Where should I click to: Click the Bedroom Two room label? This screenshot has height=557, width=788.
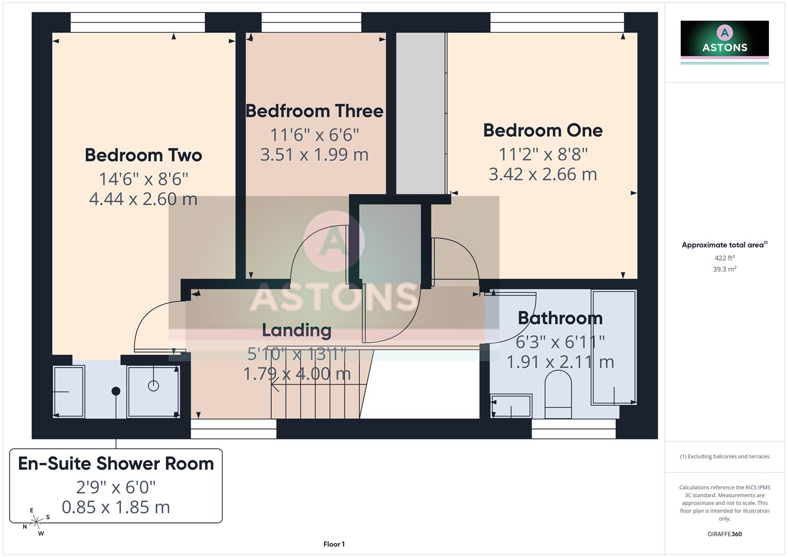click(x=143, y=155)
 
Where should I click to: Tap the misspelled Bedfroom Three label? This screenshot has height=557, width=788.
click(x=314, y=111)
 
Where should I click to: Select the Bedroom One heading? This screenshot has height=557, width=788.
click(x=542, y=130)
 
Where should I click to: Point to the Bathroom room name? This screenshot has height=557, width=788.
click(x=560, y=318)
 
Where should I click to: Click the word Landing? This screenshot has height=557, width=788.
click(x=296, y=330)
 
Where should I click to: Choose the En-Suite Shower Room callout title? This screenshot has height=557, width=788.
click(x=116, y=464)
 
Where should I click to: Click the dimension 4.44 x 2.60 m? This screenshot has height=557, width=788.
click(x=143, y=199)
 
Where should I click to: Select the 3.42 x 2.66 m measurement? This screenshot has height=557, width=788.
click(x=542, y=174)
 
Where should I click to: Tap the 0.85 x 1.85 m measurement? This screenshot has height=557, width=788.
click(x=116, y=507)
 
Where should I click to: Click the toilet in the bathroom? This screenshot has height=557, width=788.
click(x=558, y=395)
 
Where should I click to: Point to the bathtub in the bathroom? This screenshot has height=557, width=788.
click(x=614, y=347)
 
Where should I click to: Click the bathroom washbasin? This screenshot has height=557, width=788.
click(x=511, y=406)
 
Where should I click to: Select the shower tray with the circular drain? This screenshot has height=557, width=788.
click(x=153, y=391)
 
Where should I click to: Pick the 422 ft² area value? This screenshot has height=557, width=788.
click(x=724, y=258)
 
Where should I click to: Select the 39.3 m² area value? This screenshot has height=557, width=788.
click(x=724, y=269)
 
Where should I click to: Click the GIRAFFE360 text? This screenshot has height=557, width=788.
click(x=724, y=534)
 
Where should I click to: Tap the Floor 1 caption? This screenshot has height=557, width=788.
click(x=334, y=544)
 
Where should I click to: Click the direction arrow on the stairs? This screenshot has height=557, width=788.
click(x=275, y=384)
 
